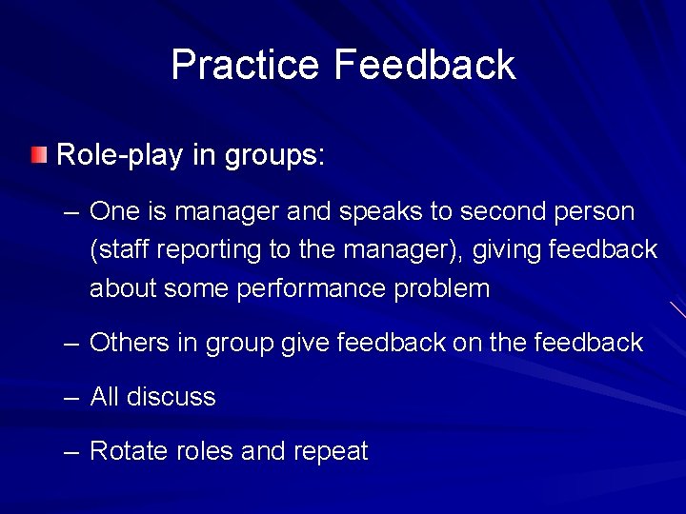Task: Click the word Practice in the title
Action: (x=245, y=65)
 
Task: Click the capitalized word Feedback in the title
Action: (x=424, y=65)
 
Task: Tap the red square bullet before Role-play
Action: (x=37, y=155)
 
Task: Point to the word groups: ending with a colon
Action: (x=275, y=155)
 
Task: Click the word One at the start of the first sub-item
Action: (x=114, y=211)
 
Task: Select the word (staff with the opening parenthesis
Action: (x=120, y=250)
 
